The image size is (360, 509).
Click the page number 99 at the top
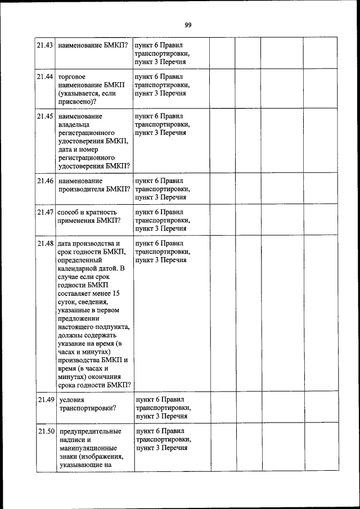[x=188, y=25]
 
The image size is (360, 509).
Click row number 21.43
[x=45, y=45]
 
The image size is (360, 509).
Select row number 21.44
[x=45, y=76]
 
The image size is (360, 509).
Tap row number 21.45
[x=45, y=116]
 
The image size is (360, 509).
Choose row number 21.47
[x=45, y=213]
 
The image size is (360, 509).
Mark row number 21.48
[x=45, y=244]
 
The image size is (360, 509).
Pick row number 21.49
[x=45, y=400]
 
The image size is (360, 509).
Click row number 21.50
[x=45, y=431]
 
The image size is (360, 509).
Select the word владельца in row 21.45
[x=74, y=124]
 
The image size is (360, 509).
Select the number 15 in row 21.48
[x=115, y=294]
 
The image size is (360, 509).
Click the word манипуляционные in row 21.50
[x=87, y=448]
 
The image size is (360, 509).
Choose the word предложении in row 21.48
[x=79, y=319]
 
